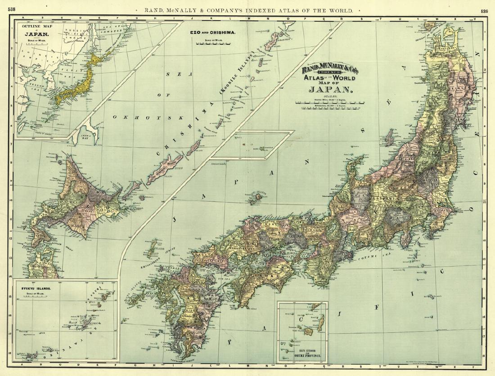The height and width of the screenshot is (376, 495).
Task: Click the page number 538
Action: (x=8, y=9)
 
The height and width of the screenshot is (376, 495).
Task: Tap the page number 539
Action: (x=484, y=11)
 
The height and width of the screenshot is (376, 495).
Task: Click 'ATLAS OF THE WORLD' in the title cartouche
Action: (x=330, y=78)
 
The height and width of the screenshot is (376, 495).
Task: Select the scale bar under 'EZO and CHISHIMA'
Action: (x=212, y=44)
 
